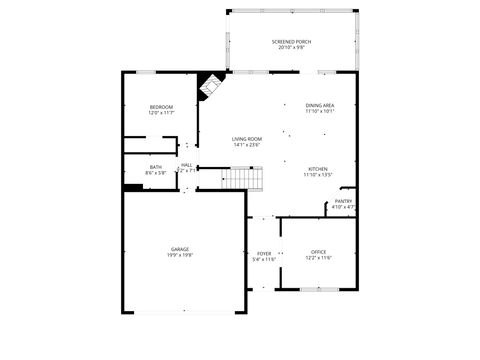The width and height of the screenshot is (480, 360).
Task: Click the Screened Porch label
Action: tap(291, 41)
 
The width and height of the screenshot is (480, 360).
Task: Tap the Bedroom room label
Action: tap(161, 107)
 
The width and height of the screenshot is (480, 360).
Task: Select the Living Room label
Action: tap(247, 139)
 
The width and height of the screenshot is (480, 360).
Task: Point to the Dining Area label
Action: tap(320, 105)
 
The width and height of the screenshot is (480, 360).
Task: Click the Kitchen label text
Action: tap(318, 169)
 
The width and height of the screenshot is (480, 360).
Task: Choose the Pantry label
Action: tap(343, 201)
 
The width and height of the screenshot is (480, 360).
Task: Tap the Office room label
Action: tap(318, 251)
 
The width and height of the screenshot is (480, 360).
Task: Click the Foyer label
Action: tap(264, 253)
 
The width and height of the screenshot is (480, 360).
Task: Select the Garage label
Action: tap(180, 249)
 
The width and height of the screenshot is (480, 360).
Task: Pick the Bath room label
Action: tap(156, 167)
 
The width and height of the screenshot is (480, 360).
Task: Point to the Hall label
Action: tap(187, 165)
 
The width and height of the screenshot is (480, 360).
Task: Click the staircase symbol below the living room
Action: tap(242, 179)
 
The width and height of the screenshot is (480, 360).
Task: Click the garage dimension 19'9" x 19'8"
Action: tap(180, 255)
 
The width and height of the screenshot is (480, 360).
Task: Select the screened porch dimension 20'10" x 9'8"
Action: tap(291, 47)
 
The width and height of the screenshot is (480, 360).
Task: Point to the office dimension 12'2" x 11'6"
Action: tap(318, 258)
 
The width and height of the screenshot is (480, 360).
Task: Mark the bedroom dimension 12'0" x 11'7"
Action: tap(161, 113)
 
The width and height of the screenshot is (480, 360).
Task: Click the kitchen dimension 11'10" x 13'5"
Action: tap(318, 175)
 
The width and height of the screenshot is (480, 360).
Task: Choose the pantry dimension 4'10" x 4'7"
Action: tap(343, 207)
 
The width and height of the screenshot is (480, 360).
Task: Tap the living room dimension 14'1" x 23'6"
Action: tap(247, 145)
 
